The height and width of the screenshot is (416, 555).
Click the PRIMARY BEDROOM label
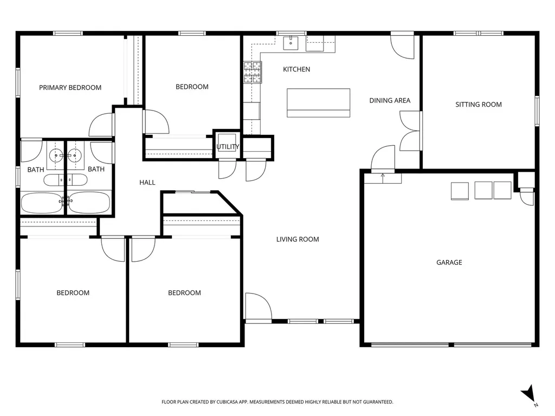pos(70,87)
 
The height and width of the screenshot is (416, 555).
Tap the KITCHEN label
pos(296,69)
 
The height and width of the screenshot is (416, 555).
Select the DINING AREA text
pos(390,100)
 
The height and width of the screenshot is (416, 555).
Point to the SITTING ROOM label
pos(479,105)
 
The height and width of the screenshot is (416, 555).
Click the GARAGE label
pos(449,262)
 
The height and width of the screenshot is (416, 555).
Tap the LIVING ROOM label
pos(298,239)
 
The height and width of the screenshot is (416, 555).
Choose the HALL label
pos(147,183)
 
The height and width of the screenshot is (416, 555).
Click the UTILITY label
pos(228,146)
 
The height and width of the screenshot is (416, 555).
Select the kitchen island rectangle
pos(319,102)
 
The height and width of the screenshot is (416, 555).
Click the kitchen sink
pos(291,43)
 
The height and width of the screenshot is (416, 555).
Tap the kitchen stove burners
pos(253,72)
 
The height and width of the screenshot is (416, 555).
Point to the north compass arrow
pos(529,394)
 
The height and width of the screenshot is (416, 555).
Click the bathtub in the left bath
pos(42,203)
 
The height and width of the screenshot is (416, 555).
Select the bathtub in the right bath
pos(88,203)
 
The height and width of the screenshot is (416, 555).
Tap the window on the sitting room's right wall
pos(537,110)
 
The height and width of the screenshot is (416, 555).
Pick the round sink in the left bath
pos(56,155)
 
